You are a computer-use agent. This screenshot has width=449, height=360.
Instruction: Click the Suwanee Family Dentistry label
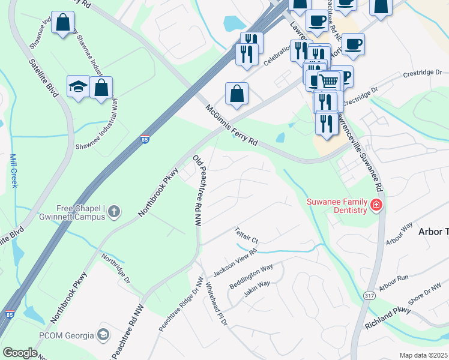coord(337,206)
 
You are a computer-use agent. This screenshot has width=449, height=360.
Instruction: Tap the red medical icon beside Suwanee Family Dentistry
coord(376,206)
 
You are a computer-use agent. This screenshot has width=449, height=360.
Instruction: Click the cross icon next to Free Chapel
coord(114,211)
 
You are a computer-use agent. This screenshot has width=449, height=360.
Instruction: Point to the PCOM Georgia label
coord(67,335)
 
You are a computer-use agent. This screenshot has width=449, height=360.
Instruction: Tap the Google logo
coord(20,353)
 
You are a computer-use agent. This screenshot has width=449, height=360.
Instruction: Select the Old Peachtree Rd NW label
coord(196,190)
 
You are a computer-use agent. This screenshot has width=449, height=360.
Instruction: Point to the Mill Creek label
coord(13,171)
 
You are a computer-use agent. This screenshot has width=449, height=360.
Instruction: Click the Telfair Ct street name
coord(246,237)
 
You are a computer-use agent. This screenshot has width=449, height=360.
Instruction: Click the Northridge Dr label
coord(115,268)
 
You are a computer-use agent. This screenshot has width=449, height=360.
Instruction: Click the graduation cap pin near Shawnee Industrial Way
coord(78,88)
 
